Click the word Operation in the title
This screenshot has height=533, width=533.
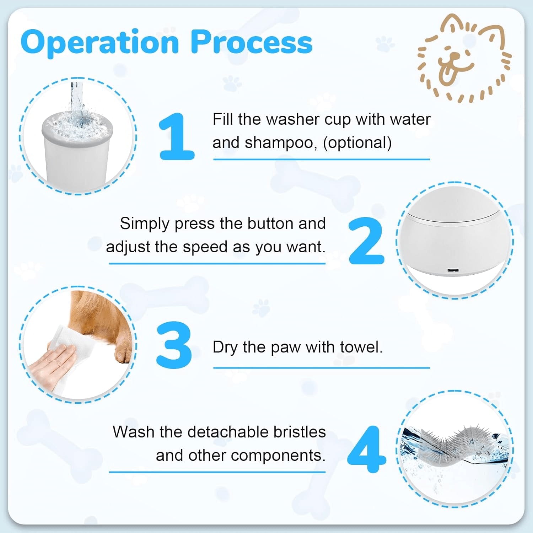tap(99, 43)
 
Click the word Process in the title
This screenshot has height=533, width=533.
tap(252, 42)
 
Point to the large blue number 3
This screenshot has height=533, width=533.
tap(174, 345)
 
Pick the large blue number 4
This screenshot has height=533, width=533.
tap(367, 449)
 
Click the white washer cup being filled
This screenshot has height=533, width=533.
tap(76, 153)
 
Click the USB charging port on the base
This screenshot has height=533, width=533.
tap(453, 271)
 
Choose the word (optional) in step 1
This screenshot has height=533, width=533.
tap(357, 143)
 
